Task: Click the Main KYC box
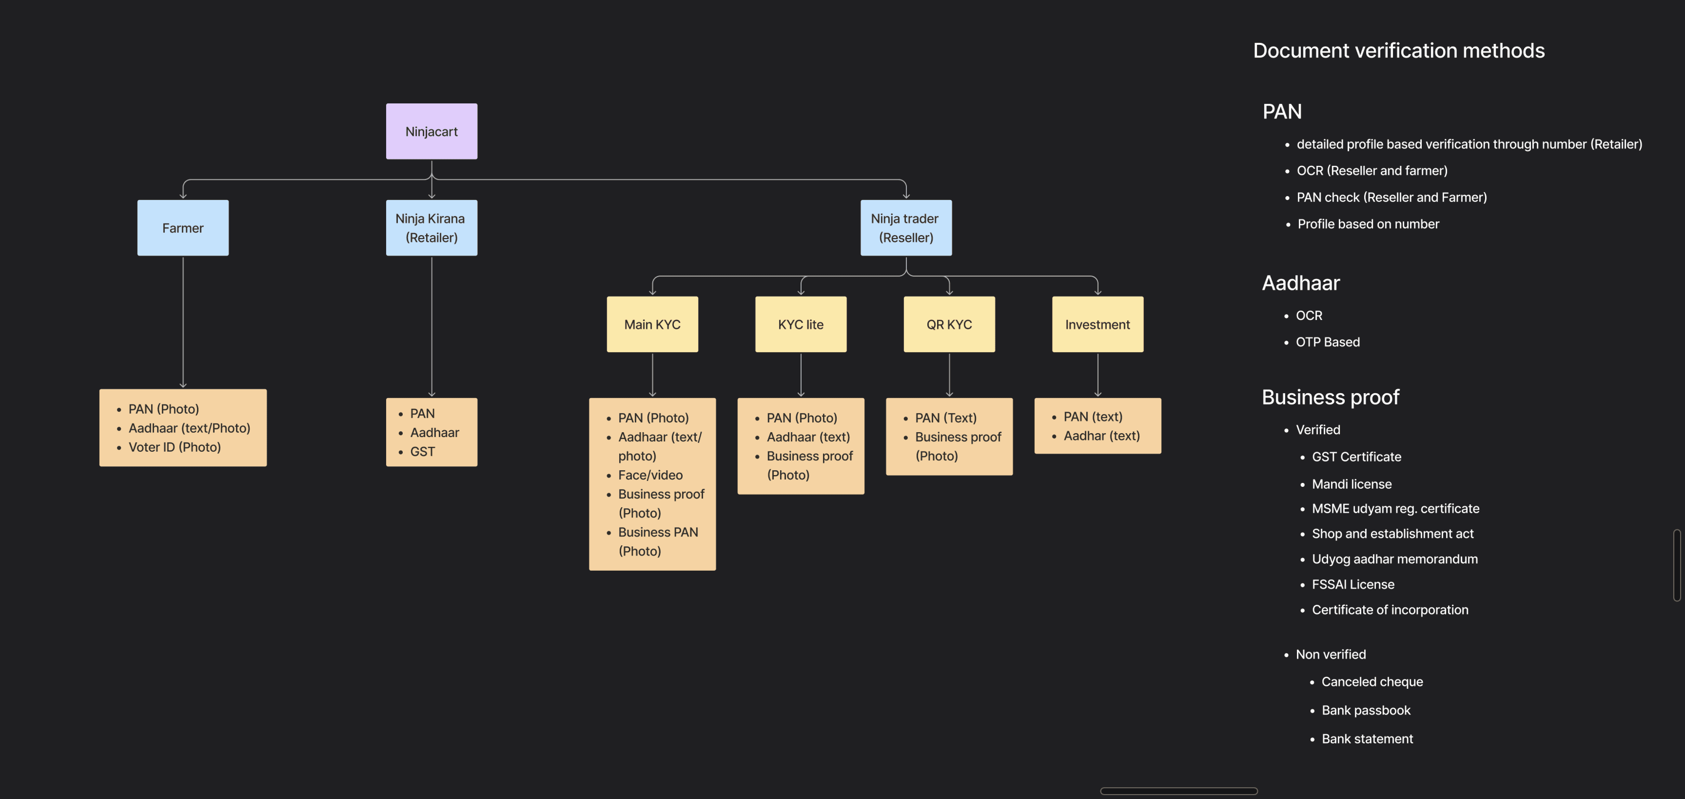tap(652, 325)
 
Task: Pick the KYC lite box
tap(801, 325)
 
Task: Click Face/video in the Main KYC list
tap(650, 475)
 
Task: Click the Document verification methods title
tap(1399, 51)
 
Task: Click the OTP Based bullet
tap(1327, 342)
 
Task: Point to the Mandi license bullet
tap(1352, 484)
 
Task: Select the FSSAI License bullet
tap(1353, 584)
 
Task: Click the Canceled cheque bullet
tap(1372, 682)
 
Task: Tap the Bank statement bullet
tap(1367, 739)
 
